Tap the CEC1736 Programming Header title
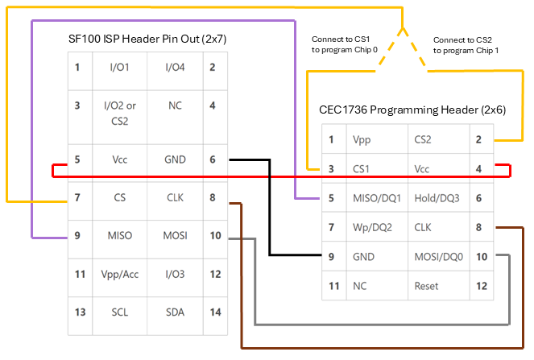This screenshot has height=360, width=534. click(413, 110)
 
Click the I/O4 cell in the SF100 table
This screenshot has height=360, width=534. click(175, 67)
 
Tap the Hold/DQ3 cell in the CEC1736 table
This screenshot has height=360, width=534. click(435, 198)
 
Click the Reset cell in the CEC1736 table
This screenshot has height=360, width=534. click(426, 286)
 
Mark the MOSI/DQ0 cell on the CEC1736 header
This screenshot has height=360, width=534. click(435, 257)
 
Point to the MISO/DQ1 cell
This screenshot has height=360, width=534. click(376, 198)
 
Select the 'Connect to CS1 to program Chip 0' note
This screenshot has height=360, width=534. click(344, 44)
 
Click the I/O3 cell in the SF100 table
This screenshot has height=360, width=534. click(175, 275)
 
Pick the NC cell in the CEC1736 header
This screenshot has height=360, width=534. click(360, 286)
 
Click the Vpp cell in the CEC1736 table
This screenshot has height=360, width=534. click(362, 139)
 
